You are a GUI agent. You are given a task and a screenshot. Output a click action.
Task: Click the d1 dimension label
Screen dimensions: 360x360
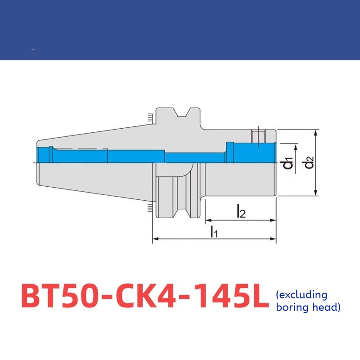(288, 163)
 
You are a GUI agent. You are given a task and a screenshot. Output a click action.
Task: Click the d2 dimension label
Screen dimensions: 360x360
(309, 162)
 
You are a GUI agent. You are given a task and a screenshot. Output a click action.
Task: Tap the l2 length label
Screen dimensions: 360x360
(241, 211)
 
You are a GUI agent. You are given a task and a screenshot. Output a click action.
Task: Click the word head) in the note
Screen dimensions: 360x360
(327, 307)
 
